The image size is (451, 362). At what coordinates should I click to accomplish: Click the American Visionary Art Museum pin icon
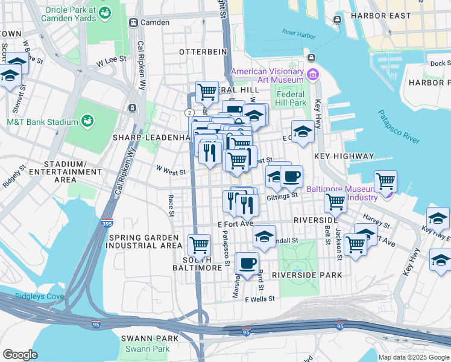(x=312, y=75)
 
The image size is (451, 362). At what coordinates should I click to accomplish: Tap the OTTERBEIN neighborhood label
(x=203, y=52)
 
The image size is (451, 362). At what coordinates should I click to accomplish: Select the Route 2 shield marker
(x=189, y=113)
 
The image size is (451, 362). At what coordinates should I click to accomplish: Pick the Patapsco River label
(x=399, y=127)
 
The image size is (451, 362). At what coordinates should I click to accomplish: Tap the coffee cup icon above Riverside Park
(x=247, y=262)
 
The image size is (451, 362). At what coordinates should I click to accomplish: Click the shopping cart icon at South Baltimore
(x=200, y=245)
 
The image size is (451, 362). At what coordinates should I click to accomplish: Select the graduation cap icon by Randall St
(x=264, y=237)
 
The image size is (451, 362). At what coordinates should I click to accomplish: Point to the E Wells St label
(x=260, y=299)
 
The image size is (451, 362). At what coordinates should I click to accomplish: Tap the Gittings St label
(x=283, y=195)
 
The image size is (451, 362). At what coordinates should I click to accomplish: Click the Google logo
(x=20, y=355)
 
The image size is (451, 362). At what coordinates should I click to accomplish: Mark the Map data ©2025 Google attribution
(x=413, y=357)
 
